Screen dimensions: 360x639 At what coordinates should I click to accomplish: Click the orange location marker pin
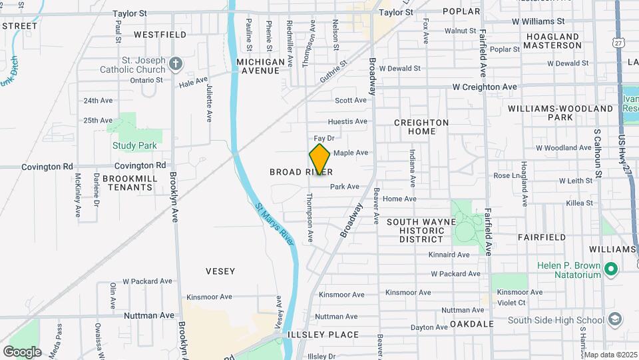[319, 159]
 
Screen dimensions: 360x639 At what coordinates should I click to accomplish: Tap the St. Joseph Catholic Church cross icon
[175, 64]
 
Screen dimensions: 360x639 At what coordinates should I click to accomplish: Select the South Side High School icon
[616, 319]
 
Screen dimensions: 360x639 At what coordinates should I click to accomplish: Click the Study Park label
[134, 145]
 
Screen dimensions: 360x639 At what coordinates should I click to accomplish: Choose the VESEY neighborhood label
[221, 271]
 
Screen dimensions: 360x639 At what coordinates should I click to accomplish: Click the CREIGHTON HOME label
[421, 127]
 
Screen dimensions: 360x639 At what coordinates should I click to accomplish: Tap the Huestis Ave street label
[347, 121]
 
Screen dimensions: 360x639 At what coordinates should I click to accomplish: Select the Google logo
[22, 351]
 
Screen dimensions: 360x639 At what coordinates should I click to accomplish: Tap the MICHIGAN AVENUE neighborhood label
[265, 65]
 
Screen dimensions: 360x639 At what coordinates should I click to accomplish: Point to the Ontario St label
[146, 80]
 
